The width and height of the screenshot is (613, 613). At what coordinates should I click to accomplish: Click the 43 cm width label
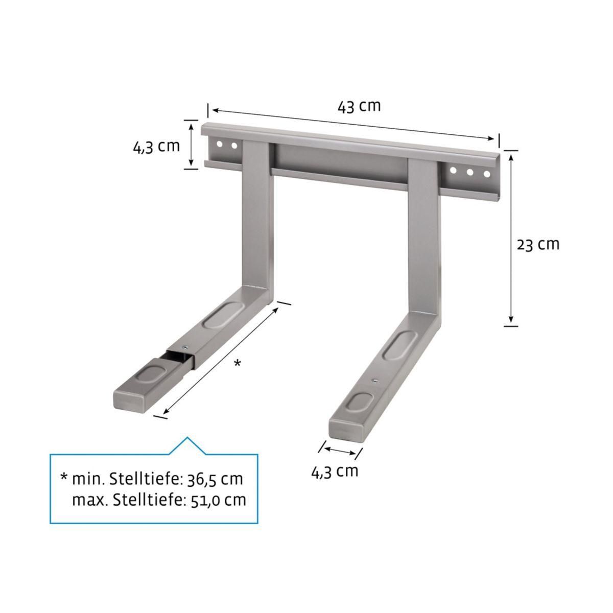(359, 106)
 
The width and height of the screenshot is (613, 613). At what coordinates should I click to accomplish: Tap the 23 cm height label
(538, 244)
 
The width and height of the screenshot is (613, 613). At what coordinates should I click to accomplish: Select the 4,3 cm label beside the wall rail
(156, 146)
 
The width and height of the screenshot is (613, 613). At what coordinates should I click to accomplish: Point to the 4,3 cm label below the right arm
(335, 470)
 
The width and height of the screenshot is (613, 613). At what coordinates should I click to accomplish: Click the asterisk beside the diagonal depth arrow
(237, 363)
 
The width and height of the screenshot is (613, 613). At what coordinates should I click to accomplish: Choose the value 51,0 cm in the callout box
(215, 500)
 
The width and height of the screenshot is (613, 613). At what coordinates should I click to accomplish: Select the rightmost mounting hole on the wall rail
(487, 174)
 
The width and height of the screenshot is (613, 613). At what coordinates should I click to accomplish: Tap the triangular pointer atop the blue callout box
(187, 445)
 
